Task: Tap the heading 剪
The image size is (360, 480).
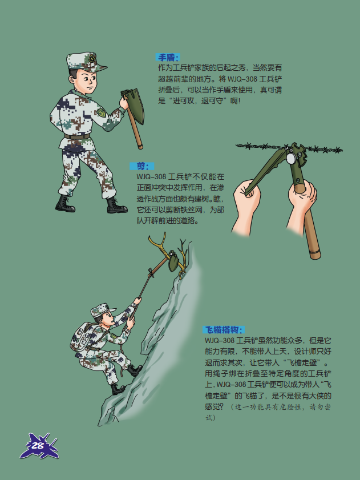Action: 142,166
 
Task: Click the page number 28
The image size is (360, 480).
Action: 38,446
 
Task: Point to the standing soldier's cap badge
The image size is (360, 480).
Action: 92,58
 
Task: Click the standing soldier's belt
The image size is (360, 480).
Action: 77,136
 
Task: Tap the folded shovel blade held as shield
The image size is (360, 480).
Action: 135,106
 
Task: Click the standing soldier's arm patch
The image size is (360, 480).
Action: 101,112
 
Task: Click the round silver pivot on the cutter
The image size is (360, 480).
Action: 291,158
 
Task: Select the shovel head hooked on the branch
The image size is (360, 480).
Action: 174,260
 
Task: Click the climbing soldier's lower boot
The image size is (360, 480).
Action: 118,389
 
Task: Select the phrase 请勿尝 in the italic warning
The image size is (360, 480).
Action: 320,407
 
